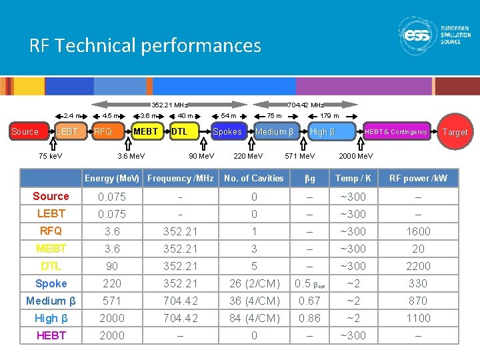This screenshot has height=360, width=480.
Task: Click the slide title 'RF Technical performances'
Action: point(145,45)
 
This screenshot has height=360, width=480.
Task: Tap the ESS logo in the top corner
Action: point(434,35)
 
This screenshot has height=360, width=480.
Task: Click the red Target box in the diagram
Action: point(455,132)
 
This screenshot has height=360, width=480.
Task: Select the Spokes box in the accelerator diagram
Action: point(227,131)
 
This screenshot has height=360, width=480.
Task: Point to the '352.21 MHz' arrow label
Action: point(169,105)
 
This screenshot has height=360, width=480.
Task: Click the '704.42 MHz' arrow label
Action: point(305,105)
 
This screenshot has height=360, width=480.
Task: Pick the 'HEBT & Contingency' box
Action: point(396,132)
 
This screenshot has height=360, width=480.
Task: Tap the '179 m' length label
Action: point(330,116)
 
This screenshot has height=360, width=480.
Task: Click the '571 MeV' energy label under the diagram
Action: point(300,156)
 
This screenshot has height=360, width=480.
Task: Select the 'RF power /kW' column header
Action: point(418,178)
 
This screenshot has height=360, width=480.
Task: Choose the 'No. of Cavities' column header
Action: point(254,178)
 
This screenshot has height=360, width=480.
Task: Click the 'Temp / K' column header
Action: point(353,178)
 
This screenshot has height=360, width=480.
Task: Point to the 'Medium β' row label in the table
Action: point(51,301)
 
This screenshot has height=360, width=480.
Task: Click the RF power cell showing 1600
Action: point(418,231)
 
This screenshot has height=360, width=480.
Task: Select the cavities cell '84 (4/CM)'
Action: point(254,318)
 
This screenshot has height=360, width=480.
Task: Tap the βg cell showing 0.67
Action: point(309,301)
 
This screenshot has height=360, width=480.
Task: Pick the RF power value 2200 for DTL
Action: point(418,266)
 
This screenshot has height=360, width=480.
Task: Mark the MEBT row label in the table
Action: point(51,249)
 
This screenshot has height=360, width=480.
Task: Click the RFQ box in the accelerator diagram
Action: point(103,131)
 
